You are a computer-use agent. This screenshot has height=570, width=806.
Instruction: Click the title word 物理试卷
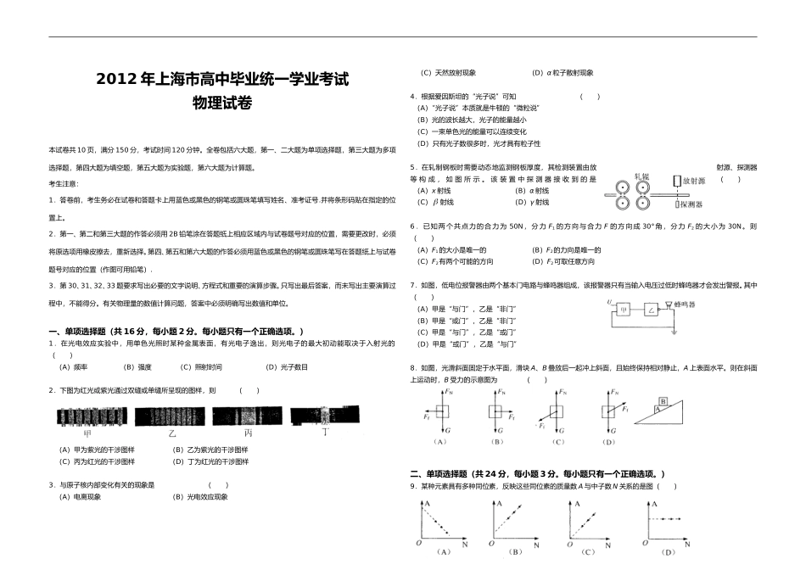click(x=222, y=103)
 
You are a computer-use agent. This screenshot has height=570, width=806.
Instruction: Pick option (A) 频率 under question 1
click(x=74, y=367)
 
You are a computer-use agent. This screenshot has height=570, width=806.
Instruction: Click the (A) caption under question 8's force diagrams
click(x=439, y=441)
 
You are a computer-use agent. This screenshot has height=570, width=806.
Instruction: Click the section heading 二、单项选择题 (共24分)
click(x=537, y=473)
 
